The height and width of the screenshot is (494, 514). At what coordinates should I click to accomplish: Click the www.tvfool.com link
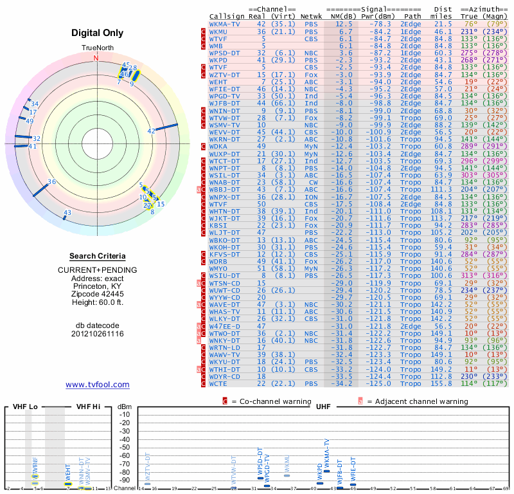coord(97,385)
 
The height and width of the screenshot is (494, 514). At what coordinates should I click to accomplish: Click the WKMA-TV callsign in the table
coord(225,24)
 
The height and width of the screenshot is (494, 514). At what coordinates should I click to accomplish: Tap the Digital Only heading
coord(97,33)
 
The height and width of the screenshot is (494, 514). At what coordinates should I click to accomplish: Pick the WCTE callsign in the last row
coord(220,383)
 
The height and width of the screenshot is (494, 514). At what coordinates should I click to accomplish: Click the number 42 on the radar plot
coord(152,131)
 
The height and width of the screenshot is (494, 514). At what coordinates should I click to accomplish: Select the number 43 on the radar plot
coord(67,212)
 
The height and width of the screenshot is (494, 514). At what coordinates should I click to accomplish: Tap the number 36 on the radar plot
coord(52,182)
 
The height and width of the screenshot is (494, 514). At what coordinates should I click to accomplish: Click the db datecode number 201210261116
coord(97,334)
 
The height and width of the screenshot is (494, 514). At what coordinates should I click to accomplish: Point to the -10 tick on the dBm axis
coord(124,414)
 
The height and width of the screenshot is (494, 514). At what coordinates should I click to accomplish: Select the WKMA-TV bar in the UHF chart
coord(326,471)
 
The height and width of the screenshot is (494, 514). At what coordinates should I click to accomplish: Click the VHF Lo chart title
coord(25,407)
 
